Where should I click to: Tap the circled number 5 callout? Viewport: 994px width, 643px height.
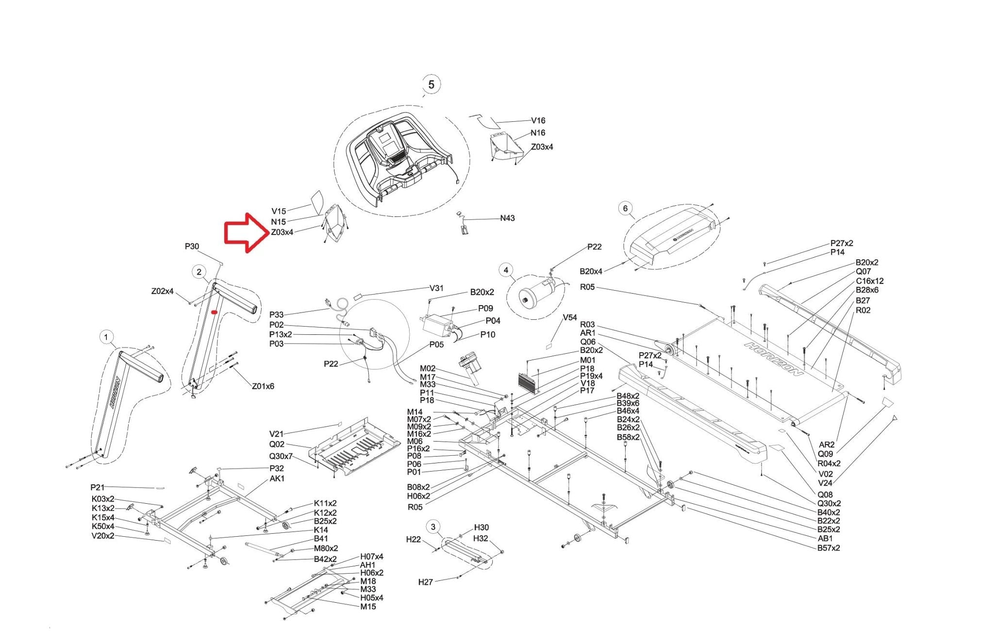(x=431, y=84)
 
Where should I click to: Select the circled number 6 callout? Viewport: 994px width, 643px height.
(x=625, y=209)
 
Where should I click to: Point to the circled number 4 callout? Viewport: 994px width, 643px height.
(x=506, y=270)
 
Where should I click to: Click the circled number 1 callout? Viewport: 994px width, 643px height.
(x=106, y=337)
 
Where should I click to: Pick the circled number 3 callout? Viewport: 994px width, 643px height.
(x=433, y=527)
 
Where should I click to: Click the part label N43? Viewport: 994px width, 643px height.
(x=507, y=218)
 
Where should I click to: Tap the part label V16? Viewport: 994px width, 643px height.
(x=538, y=121)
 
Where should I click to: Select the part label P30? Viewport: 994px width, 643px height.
(x=192, y=247)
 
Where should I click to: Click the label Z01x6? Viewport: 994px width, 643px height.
(x=263, y=386)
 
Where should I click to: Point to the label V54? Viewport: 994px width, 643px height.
(x=569, y=317)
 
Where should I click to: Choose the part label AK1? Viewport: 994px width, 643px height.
(x=277, y=478)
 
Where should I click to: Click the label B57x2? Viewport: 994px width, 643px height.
(x=828, y=548)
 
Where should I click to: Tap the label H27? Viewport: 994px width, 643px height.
(x=425, y=582)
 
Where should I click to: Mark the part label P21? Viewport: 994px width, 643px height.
(x=97, y=487)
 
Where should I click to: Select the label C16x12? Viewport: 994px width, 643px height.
(x=870, y=281)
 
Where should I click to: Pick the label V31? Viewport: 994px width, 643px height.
(x=436, y=288)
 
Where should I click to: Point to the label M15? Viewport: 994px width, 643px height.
(x=368, y=607)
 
